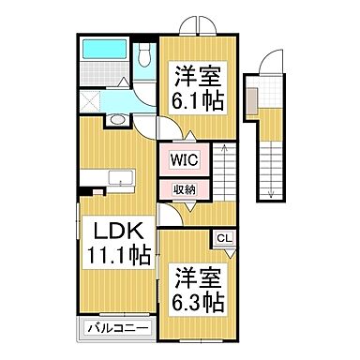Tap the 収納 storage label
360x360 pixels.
(x=185, y=189)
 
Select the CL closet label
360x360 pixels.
(x=225, y=239)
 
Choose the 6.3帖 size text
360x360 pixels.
(x=195, y=302)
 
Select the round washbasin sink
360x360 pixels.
(x=114, y=120)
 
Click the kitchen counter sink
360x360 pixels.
(x=121, y=178)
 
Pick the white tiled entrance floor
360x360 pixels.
(x=270, y=93)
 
